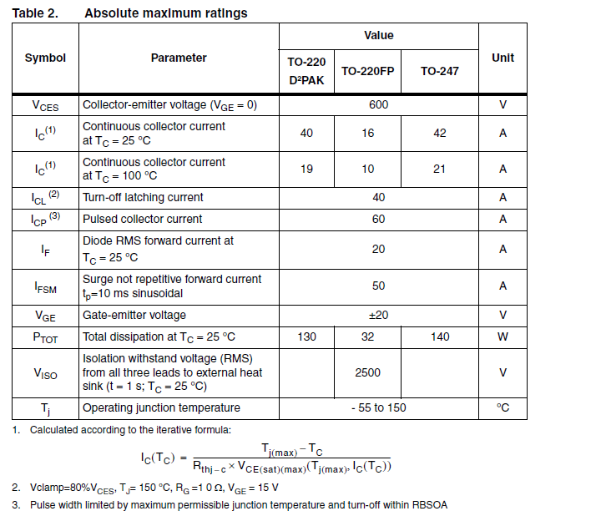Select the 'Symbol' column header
pos(45,58)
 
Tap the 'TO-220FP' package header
pos(368,71)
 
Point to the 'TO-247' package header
pos(439,71)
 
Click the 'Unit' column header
pos(503,58)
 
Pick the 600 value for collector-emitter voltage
pos(378,105)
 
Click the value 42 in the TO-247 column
pos(440,133)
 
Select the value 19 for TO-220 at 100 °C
pos(306,169)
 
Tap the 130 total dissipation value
pos(306,336)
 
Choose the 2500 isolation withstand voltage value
pos(368,372)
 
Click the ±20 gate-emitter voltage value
pos(379,315)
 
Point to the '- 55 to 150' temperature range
pos(378,407)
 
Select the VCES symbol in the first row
pos(45,106)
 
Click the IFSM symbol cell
pos(45,286)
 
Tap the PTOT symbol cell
pos(45,337)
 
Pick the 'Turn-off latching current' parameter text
pos(143,197)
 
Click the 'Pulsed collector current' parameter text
pos(143,219)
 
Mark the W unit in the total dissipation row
pos(503,336)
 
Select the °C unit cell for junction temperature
pos(503,407)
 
